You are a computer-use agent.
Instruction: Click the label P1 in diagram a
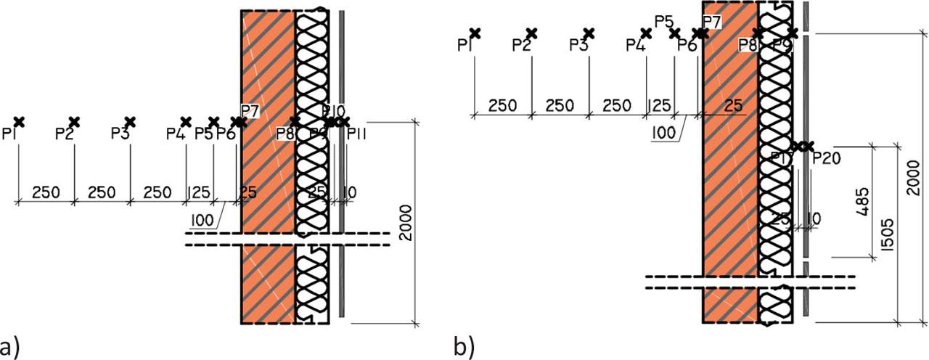tap(10, 134)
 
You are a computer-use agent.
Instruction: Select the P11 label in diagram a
tap(356, 134)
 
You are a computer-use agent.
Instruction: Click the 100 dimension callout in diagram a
tap(202, 219)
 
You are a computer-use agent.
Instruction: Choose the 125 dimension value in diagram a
tap(200, 192)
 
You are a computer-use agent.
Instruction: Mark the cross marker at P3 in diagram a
tap(130, 121)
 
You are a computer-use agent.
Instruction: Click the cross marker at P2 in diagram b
tap(531, 33)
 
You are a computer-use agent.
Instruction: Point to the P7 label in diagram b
tap(712, 22)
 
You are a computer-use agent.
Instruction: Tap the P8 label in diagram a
tap(285, 134)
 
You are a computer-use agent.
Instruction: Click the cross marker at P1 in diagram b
tap(474, 33)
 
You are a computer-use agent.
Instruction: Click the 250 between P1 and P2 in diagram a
tap(46, 192)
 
